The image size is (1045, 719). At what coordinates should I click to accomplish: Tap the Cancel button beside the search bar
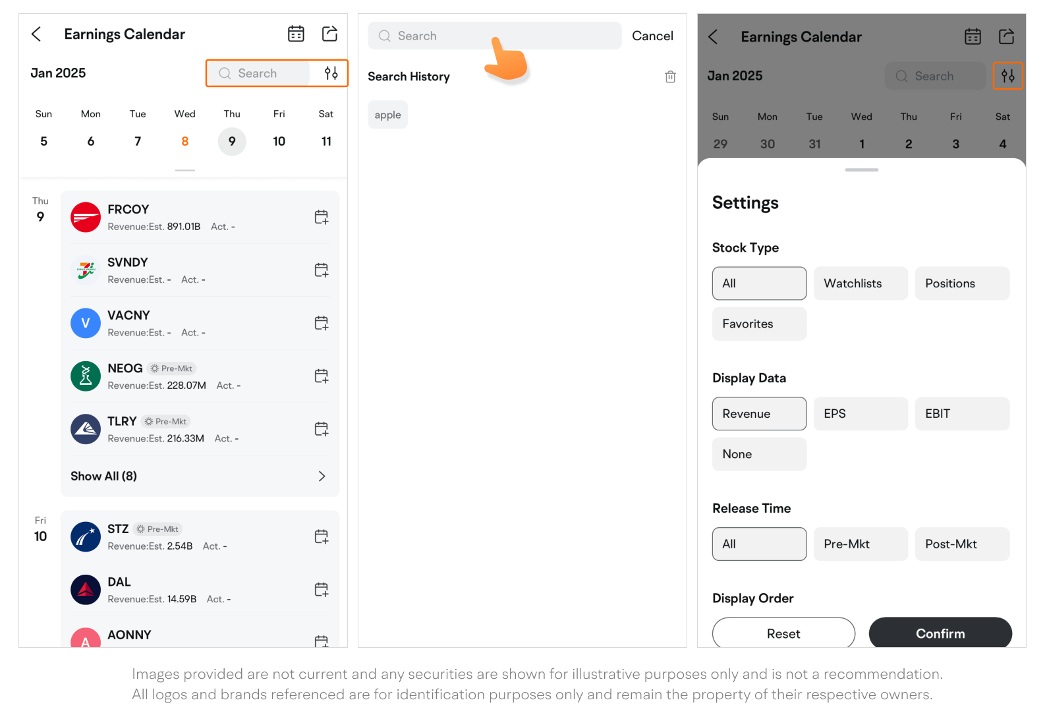pos(652,36)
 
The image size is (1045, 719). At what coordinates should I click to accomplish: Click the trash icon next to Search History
pos(670,76)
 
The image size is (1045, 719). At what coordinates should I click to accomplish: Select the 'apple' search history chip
pos(387,115)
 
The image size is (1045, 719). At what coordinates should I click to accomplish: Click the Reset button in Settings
pos(783,633)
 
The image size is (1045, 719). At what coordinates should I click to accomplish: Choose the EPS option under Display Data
pos(861,413)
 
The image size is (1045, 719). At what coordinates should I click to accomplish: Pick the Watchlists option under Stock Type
pos(861,283)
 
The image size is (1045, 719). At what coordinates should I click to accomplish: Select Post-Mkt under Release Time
pos(962,544)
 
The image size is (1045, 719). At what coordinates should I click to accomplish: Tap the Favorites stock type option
pos(759,324)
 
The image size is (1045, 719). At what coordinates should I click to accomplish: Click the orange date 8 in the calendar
pos(184,142)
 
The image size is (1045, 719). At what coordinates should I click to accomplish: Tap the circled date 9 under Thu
pos(232,142)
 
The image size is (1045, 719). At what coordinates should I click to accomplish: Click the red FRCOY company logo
pos(86,217)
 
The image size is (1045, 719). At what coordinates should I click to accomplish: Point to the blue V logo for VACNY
pos(86,323)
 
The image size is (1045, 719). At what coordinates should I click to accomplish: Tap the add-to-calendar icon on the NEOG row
pos(321,376)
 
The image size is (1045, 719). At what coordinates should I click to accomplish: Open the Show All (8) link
pos(103,476)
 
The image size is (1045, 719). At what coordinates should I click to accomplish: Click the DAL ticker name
pos(119,582)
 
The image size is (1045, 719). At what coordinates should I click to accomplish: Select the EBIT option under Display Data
pos(962,413)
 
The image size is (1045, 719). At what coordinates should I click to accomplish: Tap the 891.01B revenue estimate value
pos(184,227)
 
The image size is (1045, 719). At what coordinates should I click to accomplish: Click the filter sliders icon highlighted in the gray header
pos(1007,76)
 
